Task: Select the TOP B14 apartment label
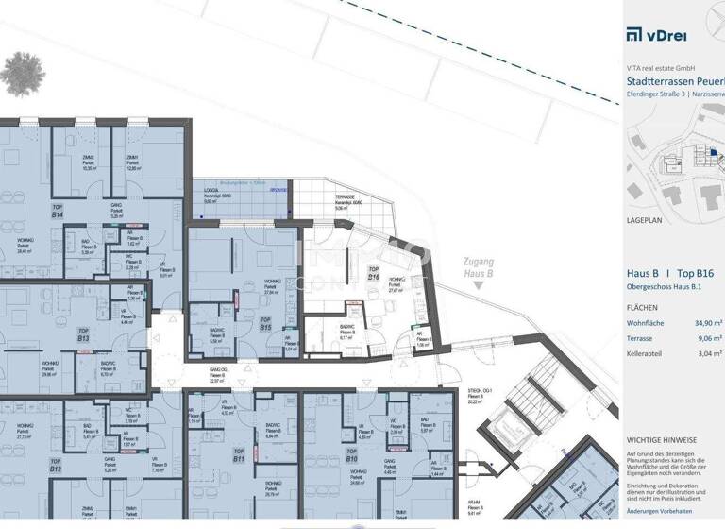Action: (57, 213)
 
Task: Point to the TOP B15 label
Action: (265, 325)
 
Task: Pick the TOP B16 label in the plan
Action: (373, 275)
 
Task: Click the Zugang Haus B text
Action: (473, 271)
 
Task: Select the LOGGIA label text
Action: (211, 190)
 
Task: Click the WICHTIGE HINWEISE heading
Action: (661, 440)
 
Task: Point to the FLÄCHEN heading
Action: (644, 308)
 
